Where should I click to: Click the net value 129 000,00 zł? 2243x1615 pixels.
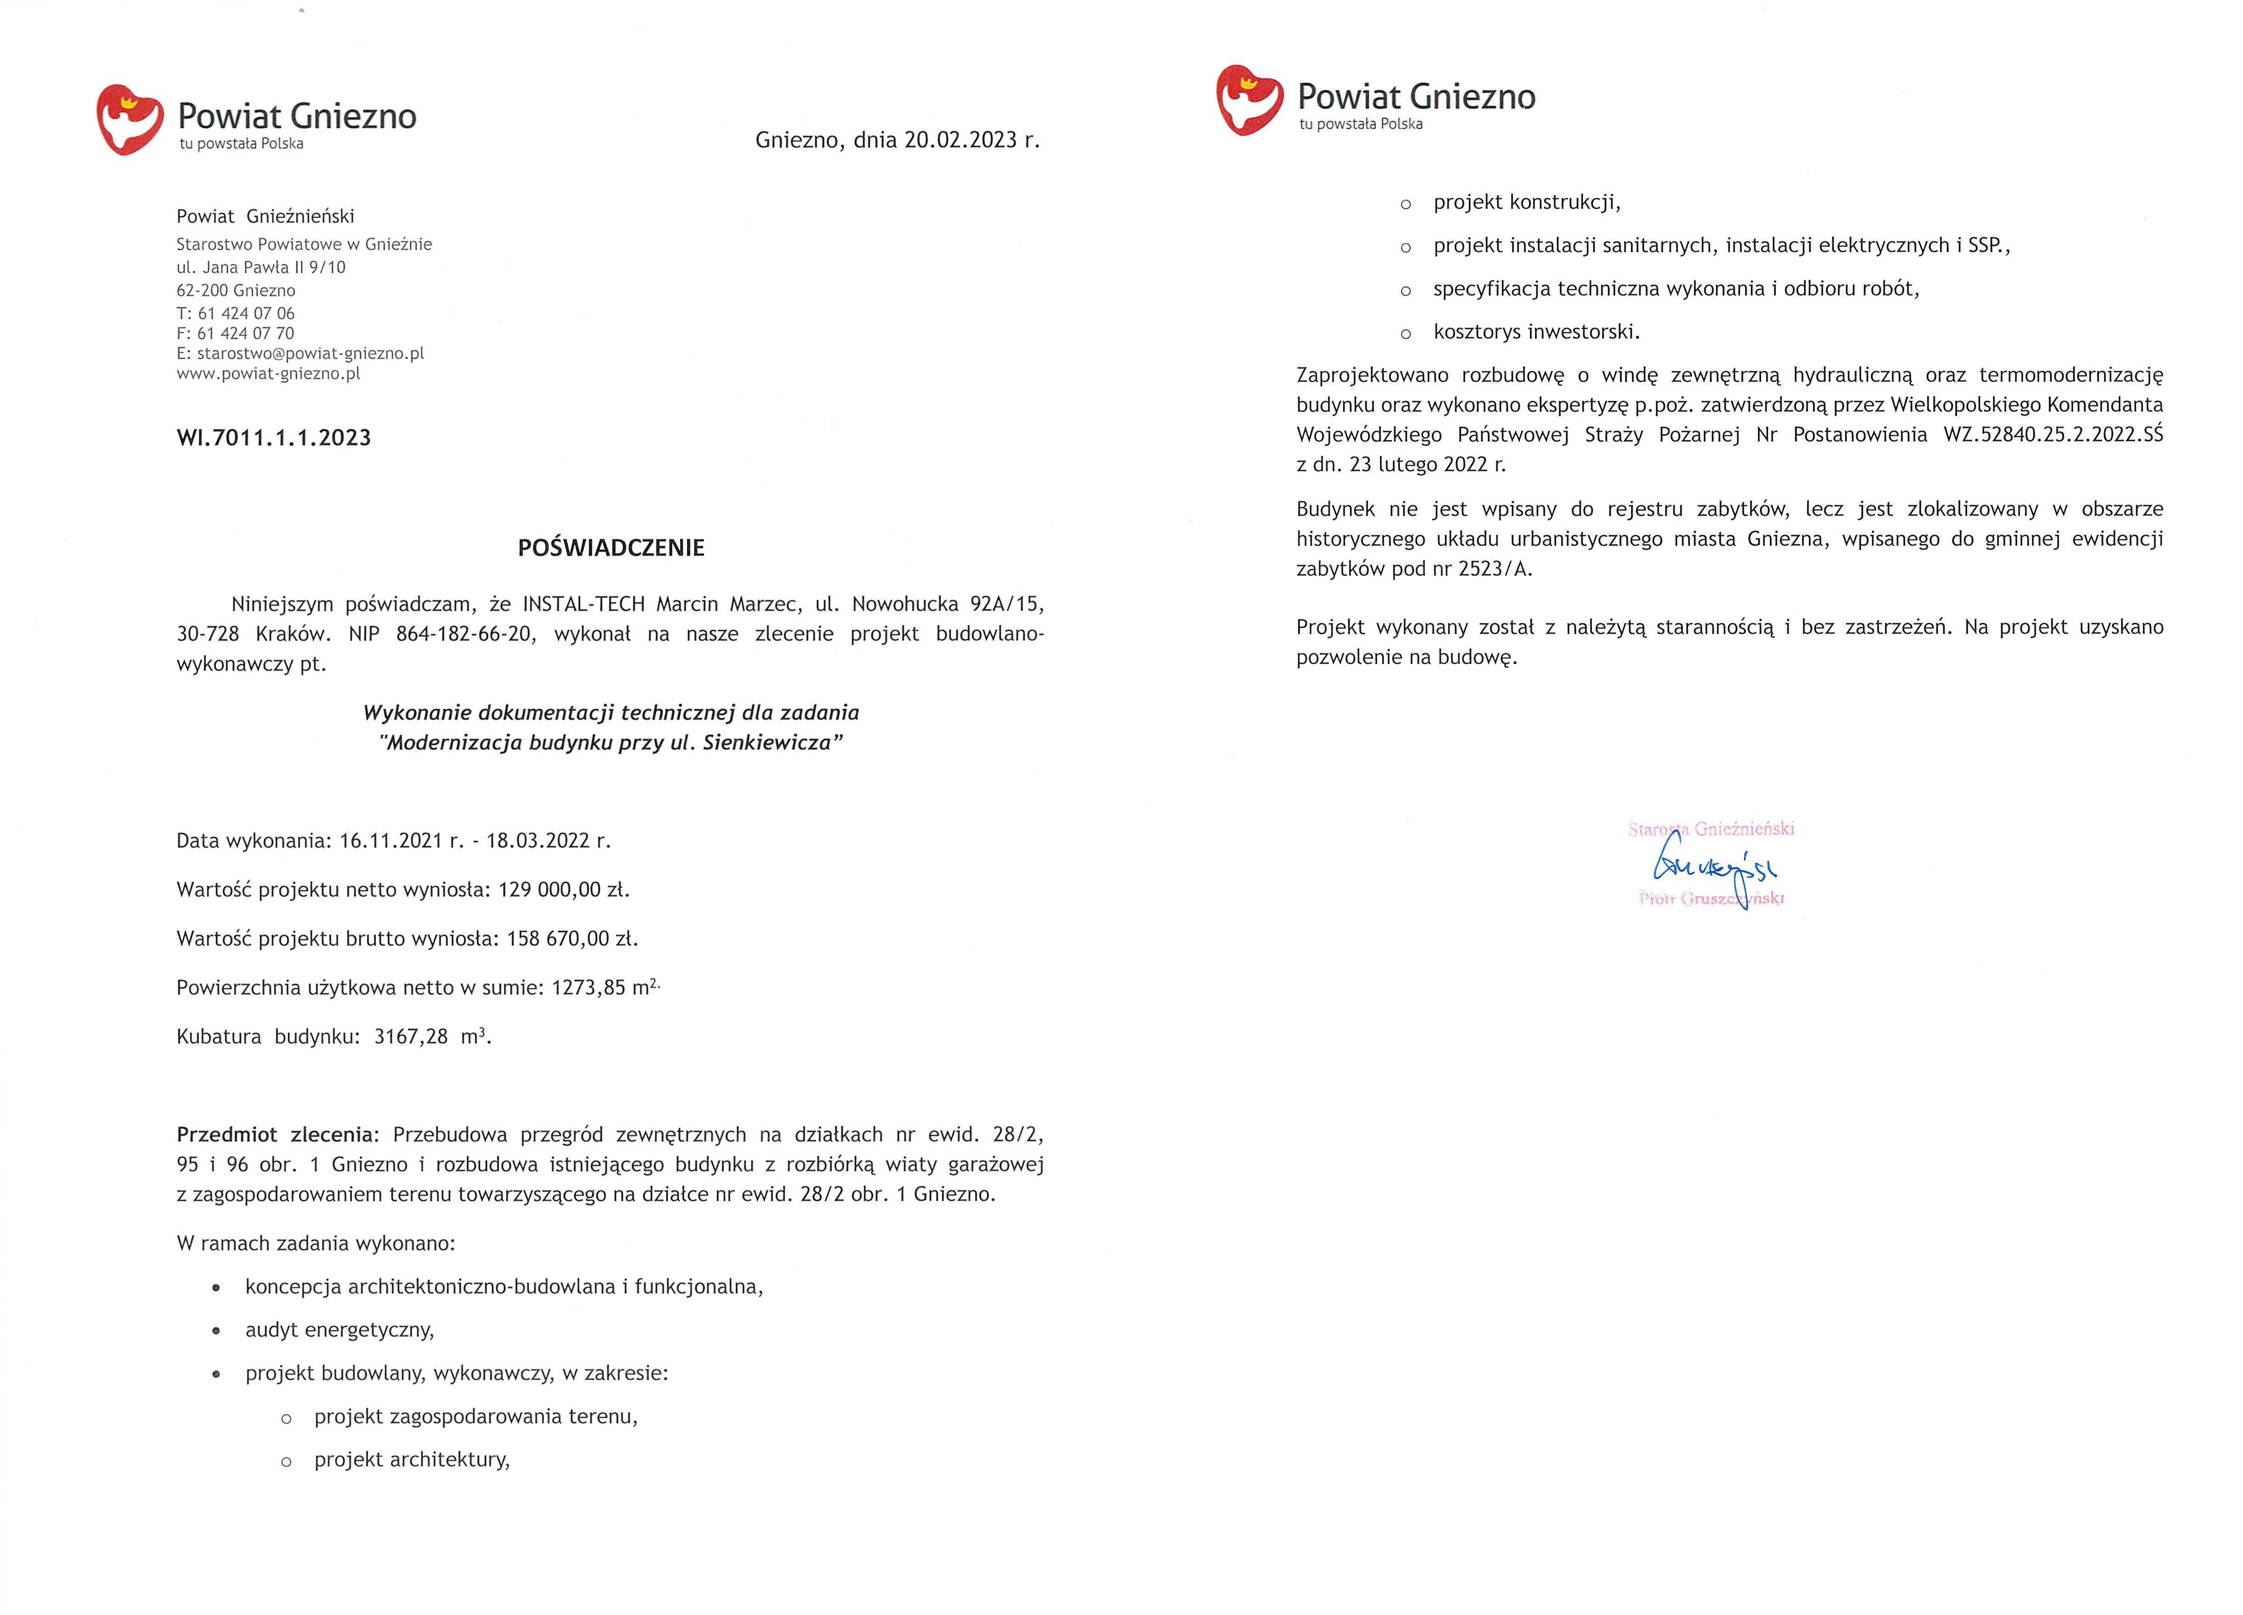(x=563, y=889)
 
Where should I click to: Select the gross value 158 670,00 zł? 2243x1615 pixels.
(x=572, y=939)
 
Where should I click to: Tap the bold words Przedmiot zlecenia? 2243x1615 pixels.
(x=277, y=1134)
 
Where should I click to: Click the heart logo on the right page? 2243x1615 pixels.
(x=1249, y=100)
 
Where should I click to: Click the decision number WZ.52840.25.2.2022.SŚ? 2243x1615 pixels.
(x=2052, y=434)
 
